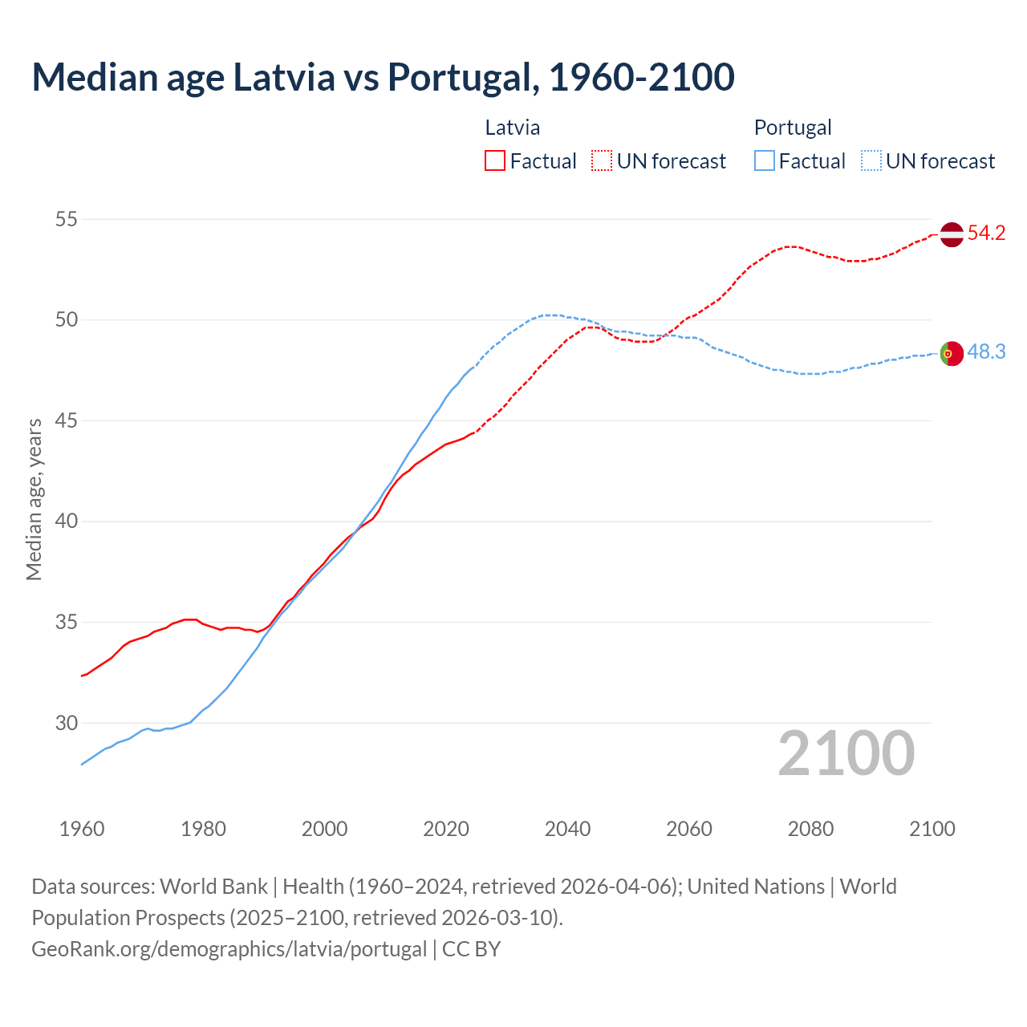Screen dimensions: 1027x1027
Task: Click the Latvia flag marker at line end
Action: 951,234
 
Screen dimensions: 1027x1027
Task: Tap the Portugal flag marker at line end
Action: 951,353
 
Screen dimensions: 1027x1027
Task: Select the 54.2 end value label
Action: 986,233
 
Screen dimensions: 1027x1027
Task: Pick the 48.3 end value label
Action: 986,352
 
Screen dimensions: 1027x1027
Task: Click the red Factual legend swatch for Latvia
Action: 495,161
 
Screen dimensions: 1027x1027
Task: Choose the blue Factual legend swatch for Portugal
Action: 764,161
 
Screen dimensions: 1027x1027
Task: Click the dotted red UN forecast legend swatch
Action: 602,161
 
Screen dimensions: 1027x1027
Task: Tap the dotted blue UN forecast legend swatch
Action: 871,161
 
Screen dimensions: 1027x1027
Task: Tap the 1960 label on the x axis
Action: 82,829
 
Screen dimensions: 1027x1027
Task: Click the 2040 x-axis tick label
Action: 567,829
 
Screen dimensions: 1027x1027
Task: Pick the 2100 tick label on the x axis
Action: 932,829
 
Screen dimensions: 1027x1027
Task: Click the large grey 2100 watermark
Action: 846,753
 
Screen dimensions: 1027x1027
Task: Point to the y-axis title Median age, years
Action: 34,499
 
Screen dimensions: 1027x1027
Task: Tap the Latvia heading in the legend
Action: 512,128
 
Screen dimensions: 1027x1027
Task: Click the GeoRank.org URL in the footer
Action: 229,948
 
